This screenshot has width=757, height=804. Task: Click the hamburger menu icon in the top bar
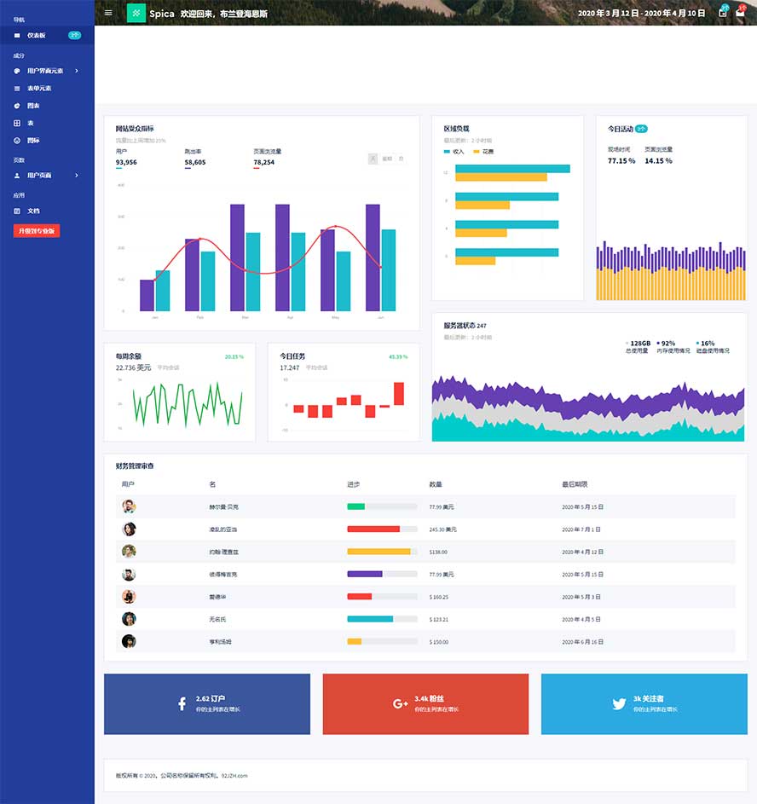(107, 13)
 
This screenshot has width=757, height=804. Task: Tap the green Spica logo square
(136, 13)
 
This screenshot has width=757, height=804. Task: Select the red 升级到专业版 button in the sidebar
(37, 230)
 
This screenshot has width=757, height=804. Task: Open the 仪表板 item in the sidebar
(36, 36)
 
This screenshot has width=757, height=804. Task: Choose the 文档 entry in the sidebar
(33, 211)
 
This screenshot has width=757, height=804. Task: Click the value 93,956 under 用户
(126, 162)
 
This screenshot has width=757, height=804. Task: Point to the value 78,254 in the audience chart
(263, 162)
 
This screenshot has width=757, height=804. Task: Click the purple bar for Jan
(147, 295)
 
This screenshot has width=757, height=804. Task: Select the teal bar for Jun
(389, 270)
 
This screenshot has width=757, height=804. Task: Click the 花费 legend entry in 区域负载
(487, 151)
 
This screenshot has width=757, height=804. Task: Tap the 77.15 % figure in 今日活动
(621, 160)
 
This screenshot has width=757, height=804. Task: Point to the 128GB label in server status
(639, 343)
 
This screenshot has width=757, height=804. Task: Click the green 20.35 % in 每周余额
(234, 356)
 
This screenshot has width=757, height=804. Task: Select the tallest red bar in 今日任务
(398, 393)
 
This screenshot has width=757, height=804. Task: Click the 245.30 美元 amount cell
(442, 529)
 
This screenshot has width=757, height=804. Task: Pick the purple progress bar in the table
(365, 574)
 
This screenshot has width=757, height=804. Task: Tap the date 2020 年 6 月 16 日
(582, 641)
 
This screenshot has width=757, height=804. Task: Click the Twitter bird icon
(619, 703)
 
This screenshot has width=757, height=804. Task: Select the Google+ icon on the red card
(400, 703)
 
